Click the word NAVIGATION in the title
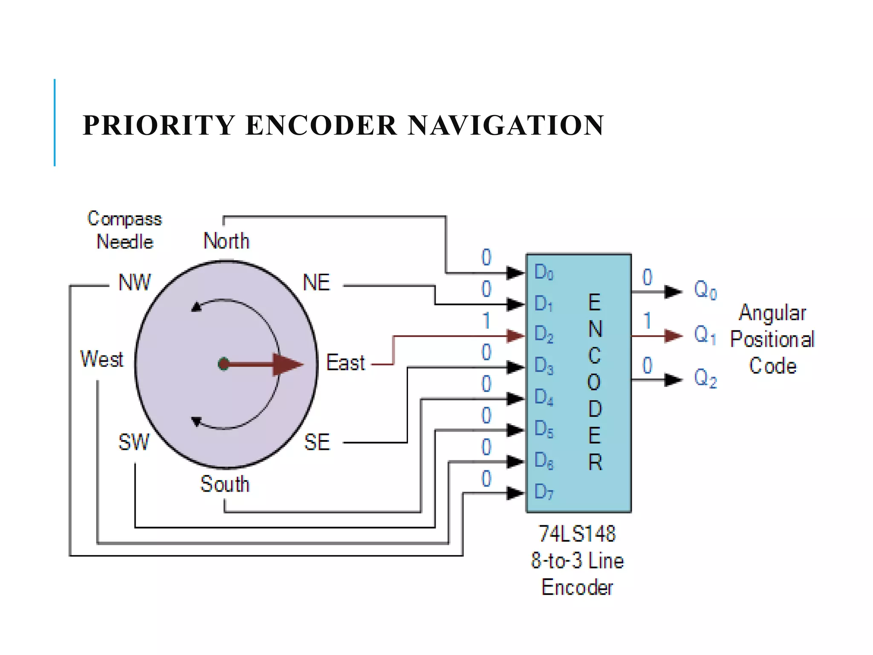tap(506, 125)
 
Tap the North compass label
tap(226, 241)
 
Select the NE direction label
tap(316, 282)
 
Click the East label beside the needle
tap(345, 363)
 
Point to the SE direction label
tap(317, 442)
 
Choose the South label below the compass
tap(225, 484)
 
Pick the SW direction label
tap(134, 442)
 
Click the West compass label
tap(102, 359)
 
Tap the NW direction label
tap(135, 282)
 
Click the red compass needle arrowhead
tap(287, 364)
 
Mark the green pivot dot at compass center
tap(223, 364)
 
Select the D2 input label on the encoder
tap(543, 334)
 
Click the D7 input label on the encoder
tap(543, 492)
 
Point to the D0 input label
tap(543, 272)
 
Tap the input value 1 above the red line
tap(486, 321)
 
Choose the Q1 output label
tap(705, 335)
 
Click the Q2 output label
tap(705, 378)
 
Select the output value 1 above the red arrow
tap(648, 321)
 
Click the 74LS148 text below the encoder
tap(577, 534)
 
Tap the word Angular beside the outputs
tap(772, 313)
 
